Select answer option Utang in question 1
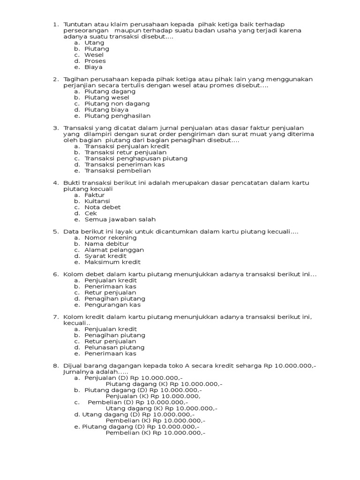pos(94,43)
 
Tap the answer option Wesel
pos(94,55)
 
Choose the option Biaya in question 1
pos(93,67)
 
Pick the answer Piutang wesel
pos(107,97)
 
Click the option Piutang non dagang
pos(117,104)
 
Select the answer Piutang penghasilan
pos(118,116)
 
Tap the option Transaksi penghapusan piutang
pos(136,158)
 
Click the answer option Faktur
pos(95,195)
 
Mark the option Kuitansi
pos(97,201)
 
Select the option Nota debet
pos(103,207)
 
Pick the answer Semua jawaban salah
pos(120,219)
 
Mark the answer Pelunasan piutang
pos(114,347)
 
